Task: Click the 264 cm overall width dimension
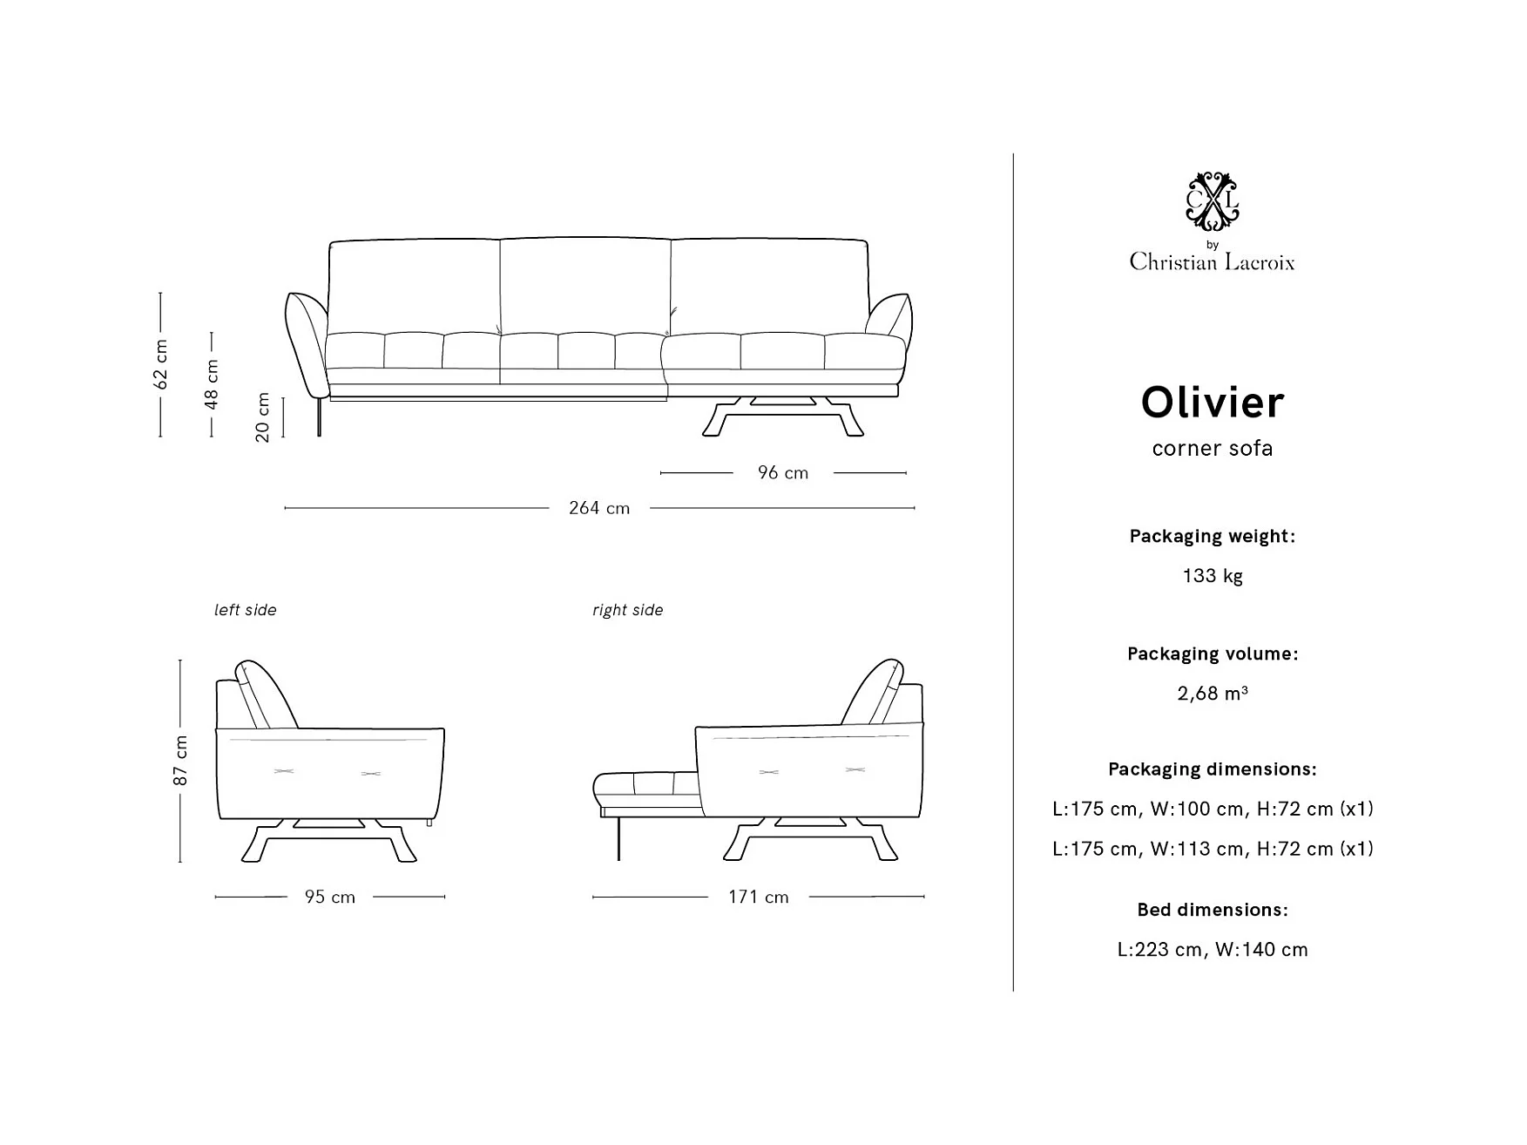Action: [599, 508]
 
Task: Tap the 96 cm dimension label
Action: [783, 473]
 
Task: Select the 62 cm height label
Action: [160, 364]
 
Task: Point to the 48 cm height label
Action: [212, 383]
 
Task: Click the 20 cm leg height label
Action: [263, 417]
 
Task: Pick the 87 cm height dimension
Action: [180, 760]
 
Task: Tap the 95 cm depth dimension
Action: [330, 897]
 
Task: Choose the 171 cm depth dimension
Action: [759, 897]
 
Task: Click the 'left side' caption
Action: [246, 610]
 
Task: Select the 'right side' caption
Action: [627, 610]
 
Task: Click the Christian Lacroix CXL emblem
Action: [1213, 201]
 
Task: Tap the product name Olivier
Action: [1213, 403]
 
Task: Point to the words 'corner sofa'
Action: [1213, 449]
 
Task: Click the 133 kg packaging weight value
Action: [1213, 576]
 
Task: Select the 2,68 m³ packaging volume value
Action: [1213, 694]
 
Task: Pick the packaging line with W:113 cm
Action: [1213, 849]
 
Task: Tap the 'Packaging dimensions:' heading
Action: [1213, 769]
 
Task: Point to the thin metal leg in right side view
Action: [618, 838]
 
